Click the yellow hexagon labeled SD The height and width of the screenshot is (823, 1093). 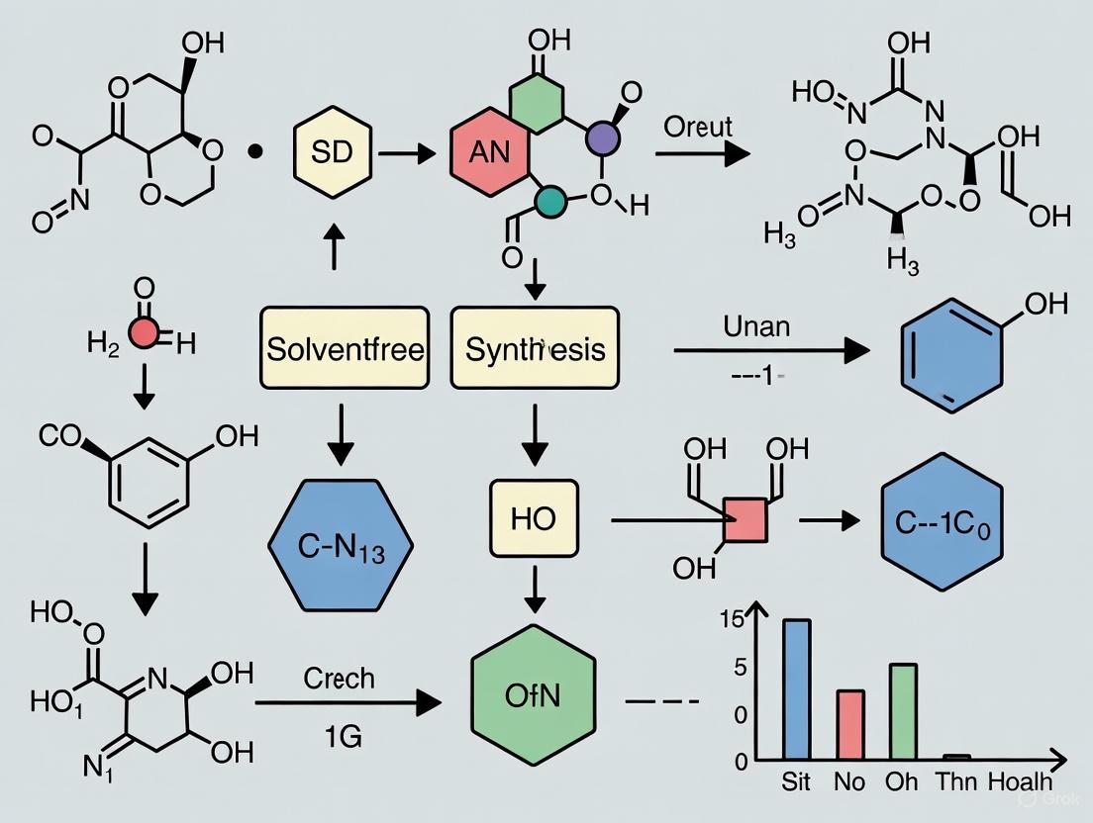click(x=332, y=152)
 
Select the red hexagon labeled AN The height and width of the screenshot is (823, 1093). click(x=489, y=153)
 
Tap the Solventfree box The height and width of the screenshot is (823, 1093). click(x=345, y=348)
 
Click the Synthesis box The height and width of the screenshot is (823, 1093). click(x=535, y=348)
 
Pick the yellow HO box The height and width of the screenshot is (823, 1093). click(x=534, y=518)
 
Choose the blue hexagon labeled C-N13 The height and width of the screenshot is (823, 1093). click(x=341, y=545)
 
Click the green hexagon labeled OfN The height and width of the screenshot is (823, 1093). click(x=534, y=695)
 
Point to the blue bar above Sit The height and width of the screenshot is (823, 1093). click(x=796, y=690)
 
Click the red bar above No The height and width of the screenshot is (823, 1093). click(x=850, y=725)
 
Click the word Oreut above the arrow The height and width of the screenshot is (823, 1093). click(x=698, y=127)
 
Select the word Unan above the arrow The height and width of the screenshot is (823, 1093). click(x=756, y=325)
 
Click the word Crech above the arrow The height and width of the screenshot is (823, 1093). click(x=340, y=678)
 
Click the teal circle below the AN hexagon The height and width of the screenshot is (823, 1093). click(x=550, y=201)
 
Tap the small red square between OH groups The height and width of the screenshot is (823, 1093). click(x=745, y=520)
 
